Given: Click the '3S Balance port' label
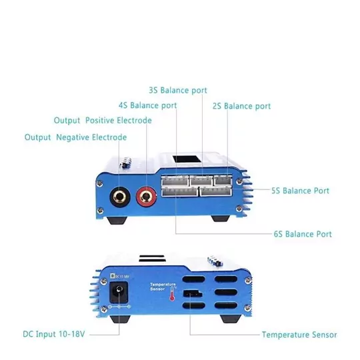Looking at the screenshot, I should point(177,90).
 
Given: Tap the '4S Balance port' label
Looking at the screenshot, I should point(147,105).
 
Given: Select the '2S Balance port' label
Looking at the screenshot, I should point(241,106).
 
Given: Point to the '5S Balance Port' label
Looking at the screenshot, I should point(301,191).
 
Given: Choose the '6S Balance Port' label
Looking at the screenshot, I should point(303,234).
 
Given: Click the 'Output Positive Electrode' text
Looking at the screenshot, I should point(103,121).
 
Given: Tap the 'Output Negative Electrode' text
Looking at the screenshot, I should point(75,137).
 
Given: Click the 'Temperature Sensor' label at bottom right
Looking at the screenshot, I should point(299,335).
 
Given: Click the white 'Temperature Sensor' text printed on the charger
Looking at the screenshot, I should point(162,287).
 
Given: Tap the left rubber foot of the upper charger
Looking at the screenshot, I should point(119,219).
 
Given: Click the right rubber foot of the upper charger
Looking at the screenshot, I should point(223,218).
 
